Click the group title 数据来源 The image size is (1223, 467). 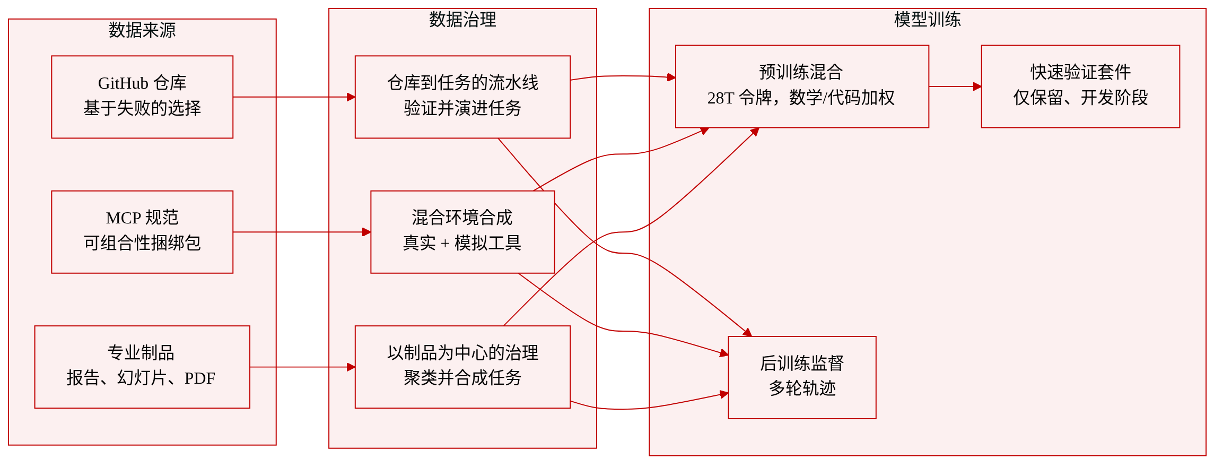click(x=142, y=30)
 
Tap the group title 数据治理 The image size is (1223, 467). click(x=462, y=20)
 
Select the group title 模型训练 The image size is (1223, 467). click(x=927, y=20)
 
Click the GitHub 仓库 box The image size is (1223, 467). click(x=142, y=97)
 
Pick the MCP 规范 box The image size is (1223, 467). click(x=142, y=232)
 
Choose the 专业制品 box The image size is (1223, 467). click(x=142, y=367)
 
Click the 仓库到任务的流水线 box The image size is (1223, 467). click(x=462, y=97)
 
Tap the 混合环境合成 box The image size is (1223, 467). click(x=462, y=232)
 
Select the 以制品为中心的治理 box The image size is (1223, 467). click(x=462, y=367)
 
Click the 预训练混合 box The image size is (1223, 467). click(x=802, y=87)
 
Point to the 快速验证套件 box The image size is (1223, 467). click(x=1080, y=87)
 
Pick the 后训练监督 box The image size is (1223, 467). click(x=802, y=377)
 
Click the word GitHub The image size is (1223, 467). click(x=123, y=83)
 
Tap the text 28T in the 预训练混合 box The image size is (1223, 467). click(x=721, y=98)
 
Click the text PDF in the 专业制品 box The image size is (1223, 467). click(x=200, y=378)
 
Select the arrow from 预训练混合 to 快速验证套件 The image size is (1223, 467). click(x=955, y=87)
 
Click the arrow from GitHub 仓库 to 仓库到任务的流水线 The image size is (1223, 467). click(x=294, y=97)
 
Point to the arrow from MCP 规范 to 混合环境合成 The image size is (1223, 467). click(x=302, y=232)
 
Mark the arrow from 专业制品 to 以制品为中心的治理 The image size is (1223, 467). click(x=302, y=367)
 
